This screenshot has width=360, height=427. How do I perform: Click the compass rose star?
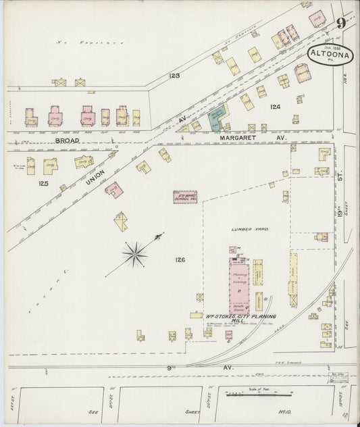click(135, 254)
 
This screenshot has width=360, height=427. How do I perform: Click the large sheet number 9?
click(342, 25)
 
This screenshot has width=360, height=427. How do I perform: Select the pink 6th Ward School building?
click(184, 197)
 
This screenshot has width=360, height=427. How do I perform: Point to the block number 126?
click(180, 259)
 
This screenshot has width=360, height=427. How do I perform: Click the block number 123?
click(174, 76)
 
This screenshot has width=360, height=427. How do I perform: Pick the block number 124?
click(275, 107)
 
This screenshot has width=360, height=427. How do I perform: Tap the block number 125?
click(44, 182)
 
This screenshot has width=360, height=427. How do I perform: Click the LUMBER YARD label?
click(249, 230)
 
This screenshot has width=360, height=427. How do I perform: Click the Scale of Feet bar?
click(258, 394)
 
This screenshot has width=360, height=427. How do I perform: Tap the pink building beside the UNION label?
click(113, 189)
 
